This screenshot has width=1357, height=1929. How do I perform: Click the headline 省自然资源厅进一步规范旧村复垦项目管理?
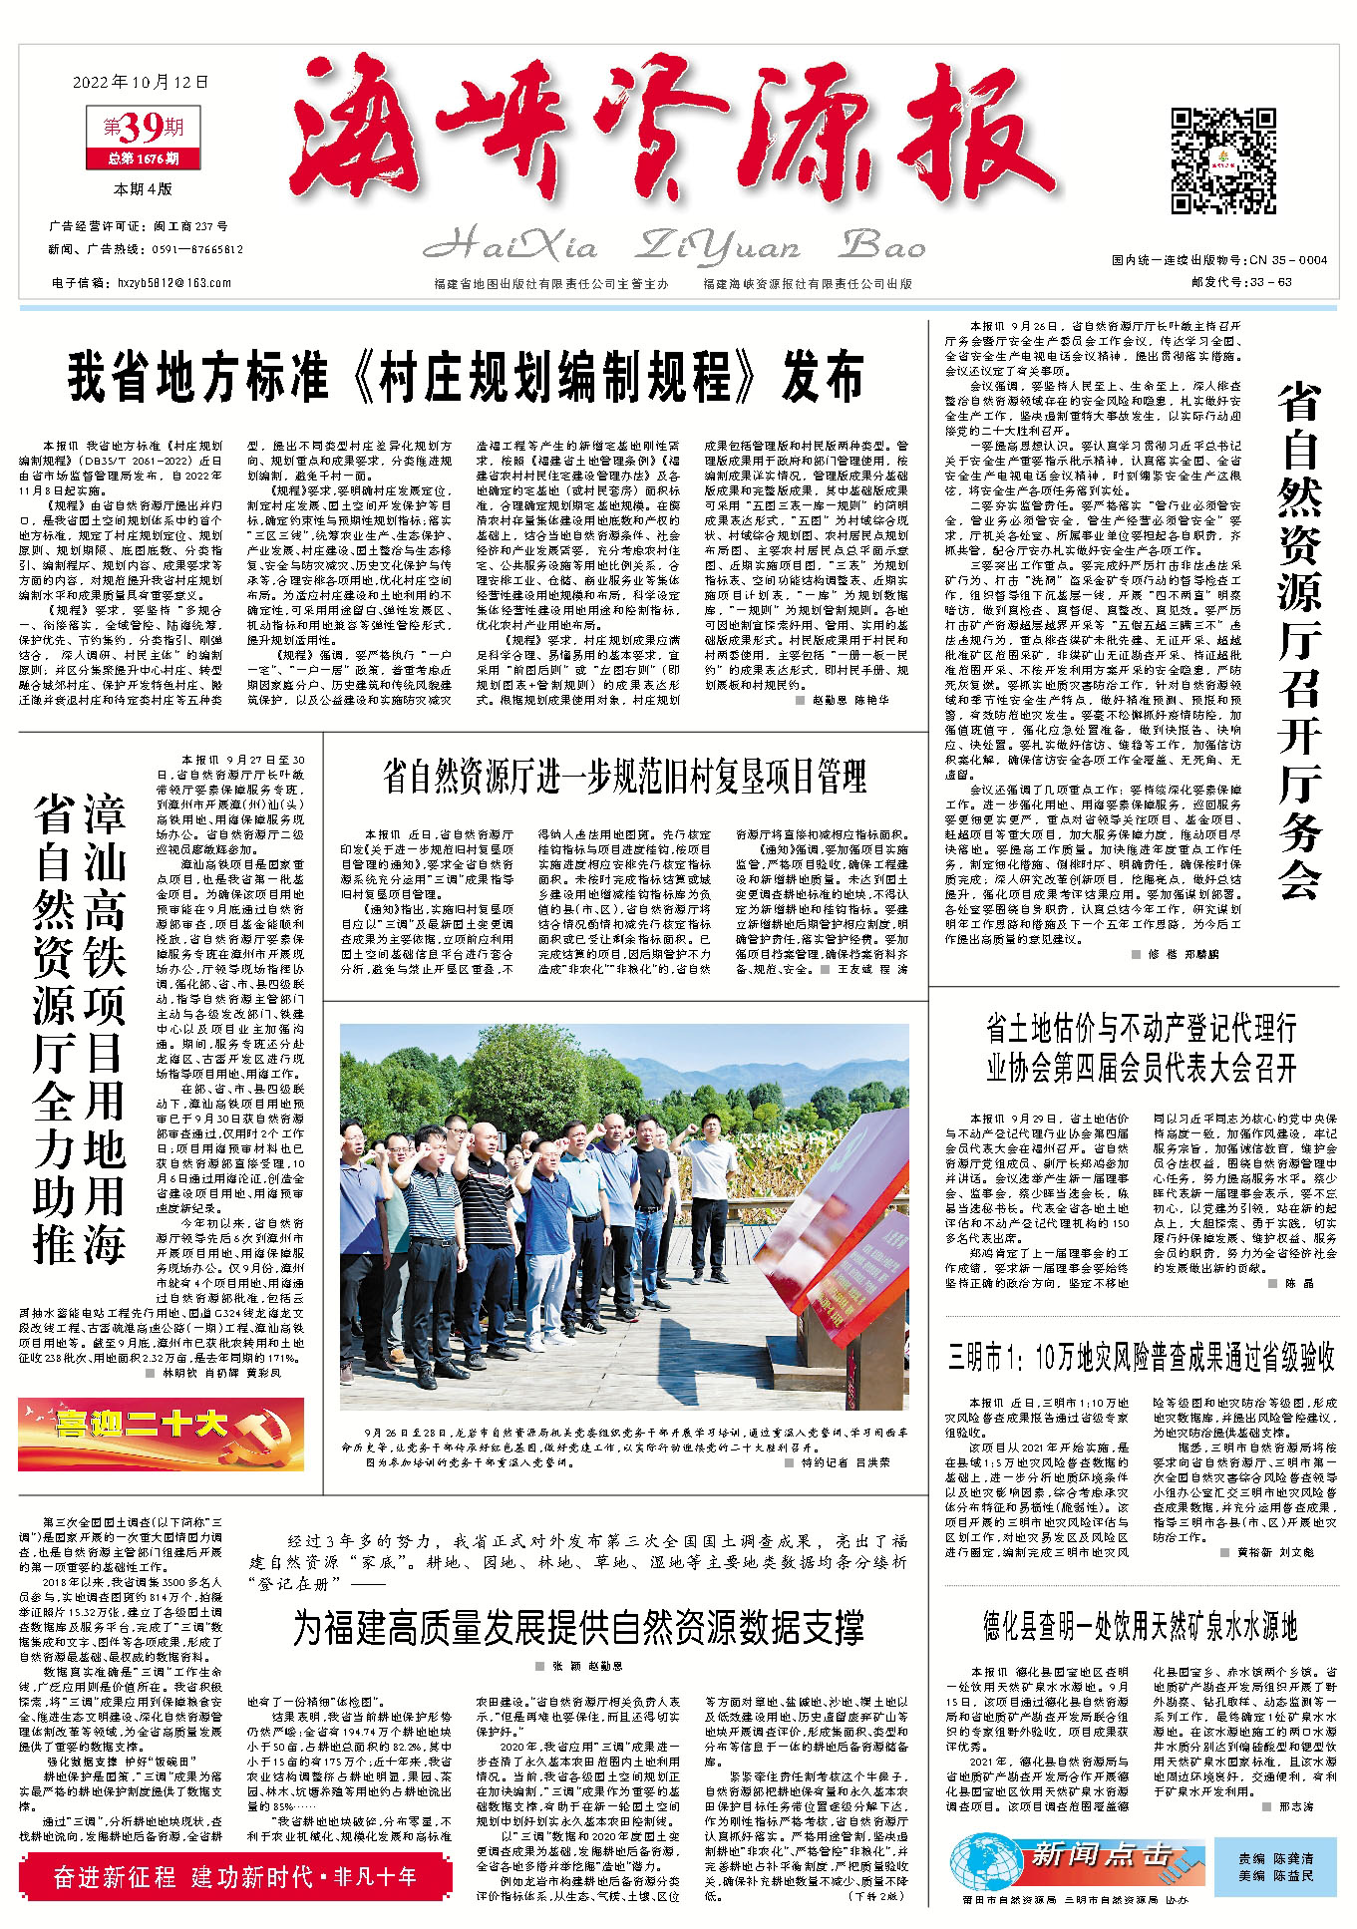[624, 777]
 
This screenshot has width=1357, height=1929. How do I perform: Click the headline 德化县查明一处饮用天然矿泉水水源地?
[1140, 1628]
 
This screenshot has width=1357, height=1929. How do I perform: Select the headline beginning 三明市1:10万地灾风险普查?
[1141, 1357]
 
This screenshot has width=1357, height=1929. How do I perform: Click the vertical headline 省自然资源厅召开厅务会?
[1300, 642]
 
